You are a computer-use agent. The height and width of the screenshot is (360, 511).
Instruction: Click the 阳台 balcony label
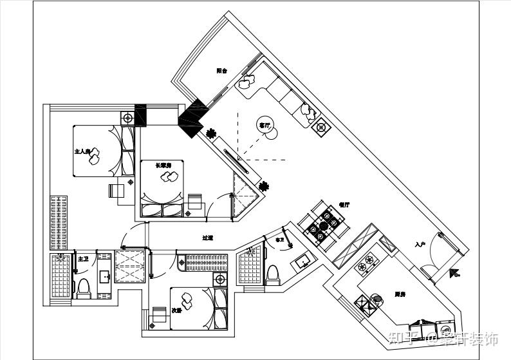[222, 71]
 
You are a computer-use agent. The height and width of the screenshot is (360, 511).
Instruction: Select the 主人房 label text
[82, 152]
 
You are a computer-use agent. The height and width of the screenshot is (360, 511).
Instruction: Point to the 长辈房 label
[163, 166]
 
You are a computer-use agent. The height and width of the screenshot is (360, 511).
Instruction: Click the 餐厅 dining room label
[344, 204]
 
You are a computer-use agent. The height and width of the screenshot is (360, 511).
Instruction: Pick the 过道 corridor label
[207, 238]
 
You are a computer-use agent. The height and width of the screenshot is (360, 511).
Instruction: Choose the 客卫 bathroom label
[279, 240]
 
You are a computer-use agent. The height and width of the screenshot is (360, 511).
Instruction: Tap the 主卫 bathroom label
[83, 258]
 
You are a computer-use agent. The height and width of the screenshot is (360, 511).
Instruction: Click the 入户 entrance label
[421, 244]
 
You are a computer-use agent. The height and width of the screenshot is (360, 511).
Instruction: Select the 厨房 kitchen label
[400, 294]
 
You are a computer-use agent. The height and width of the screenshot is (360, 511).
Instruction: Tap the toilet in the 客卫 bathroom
[272, 273]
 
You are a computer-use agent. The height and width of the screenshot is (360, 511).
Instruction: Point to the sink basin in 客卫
[302, 261]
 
